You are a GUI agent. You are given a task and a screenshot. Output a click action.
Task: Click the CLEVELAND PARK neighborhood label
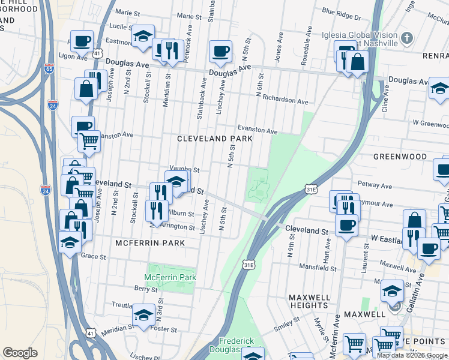(x=214, y=139)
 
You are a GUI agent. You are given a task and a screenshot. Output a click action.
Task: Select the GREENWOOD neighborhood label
(x=400, y=157)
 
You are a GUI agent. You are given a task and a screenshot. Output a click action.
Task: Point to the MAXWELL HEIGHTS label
(x=309, y=301)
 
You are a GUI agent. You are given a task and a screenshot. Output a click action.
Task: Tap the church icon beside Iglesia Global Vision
(x=406, y=39)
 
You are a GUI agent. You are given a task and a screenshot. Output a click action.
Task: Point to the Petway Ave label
(x=373, y=184)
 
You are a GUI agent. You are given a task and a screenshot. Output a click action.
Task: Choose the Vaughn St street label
(x=184, y=170)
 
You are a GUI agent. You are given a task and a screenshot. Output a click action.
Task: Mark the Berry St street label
(x=145, y=289)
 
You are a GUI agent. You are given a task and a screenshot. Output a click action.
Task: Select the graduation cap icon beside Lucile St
(x=143, y=37)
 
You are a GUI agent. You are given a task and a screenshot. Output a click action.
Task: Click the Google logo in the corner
(x=20, y=353)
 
